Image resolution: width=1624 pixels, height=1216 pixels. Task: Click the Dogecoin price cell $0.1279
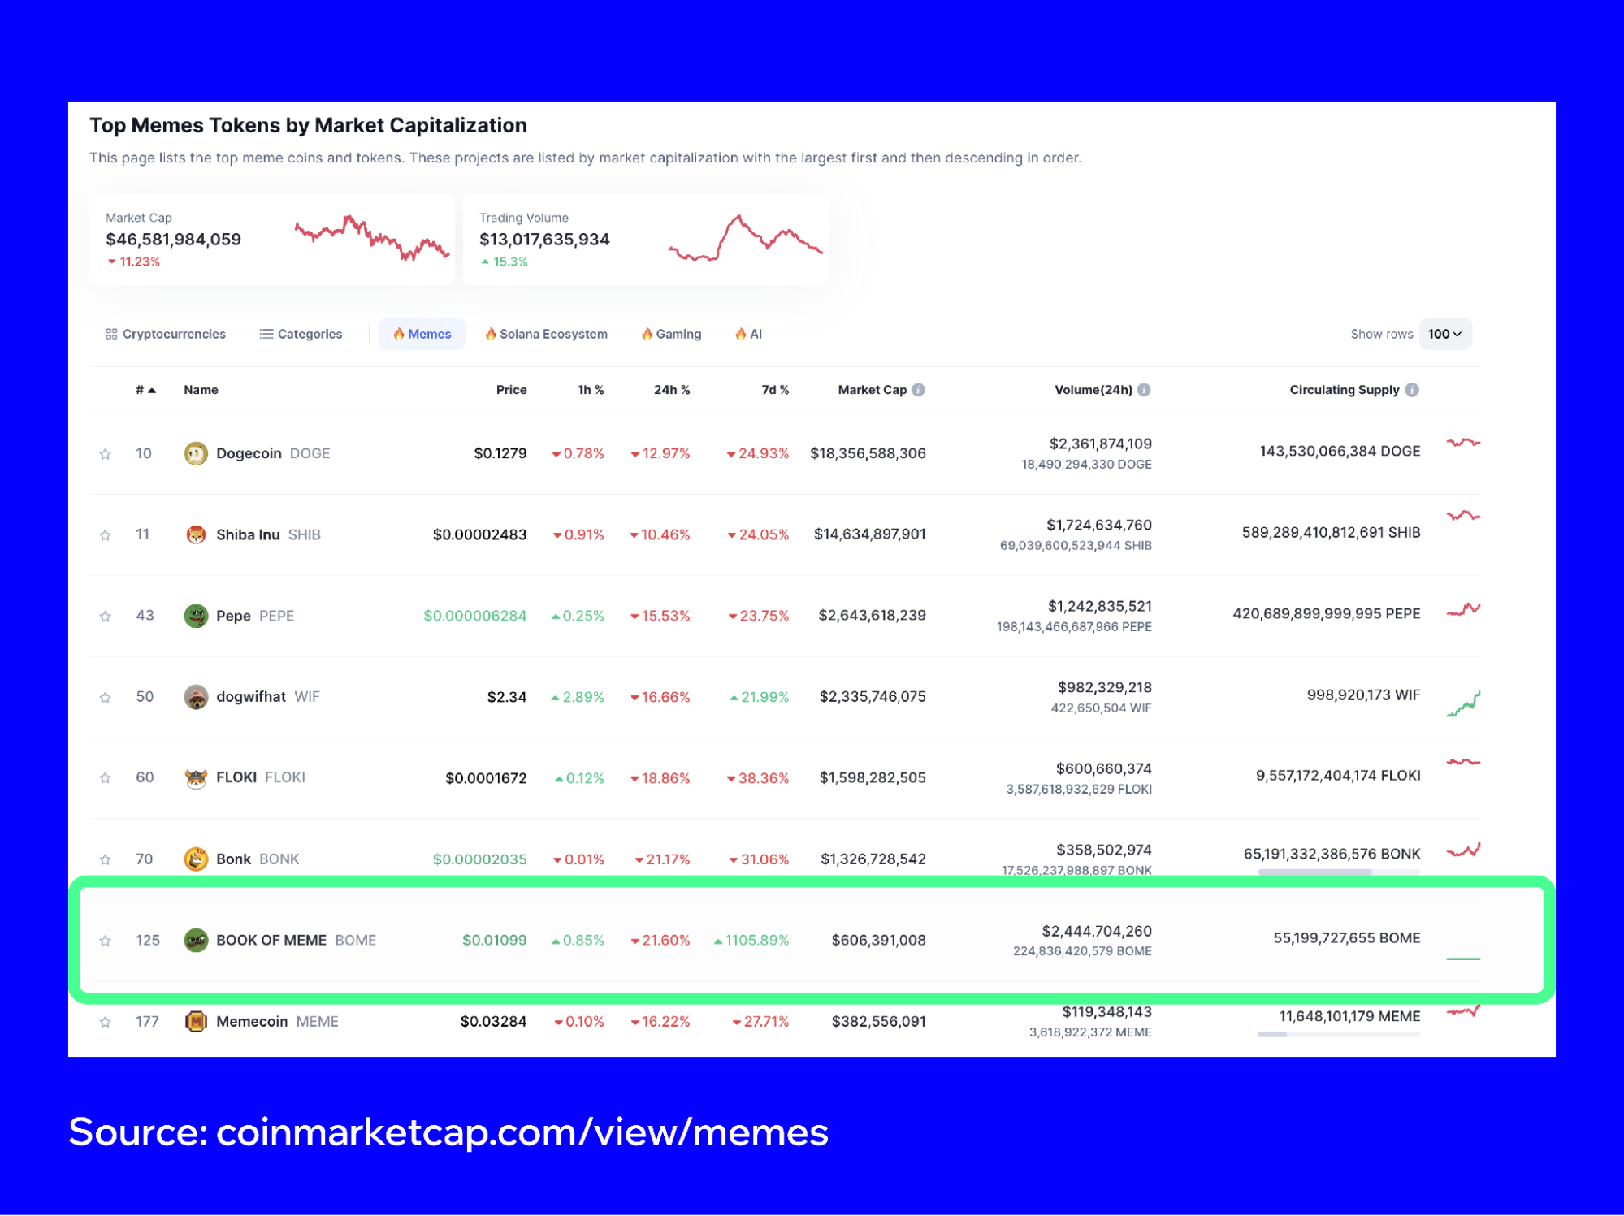500,453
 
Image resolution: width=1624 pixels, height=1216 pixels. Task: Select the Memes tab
422,334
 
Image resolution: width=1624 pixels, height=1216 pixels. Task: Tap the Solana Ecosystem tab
546,334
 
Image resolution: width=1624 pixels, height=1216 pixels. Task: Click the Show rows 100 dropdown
1444,334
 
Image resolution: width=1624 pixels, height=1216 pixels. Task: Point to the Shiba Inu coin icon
196,534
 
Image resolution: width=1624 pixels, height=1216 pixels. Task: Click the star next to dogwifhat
106,698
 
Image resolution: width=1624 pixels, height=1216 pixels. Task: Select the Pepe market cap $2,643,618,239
872,615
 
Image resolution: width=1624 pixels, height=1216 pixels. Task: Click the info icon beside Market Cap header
918,390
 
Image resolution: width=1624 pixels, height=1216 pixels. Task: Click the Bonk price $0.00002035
479,859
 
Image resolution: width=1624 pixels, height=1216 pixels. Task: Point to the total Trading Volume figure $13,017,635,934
544,240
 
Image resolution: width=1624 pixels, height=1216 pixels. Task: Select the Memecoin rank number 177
147,1021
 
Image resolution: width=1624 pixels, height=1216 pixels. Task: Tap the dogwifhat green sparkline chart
1463,703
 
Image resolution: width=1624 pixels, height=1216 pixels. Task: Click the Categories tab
301,334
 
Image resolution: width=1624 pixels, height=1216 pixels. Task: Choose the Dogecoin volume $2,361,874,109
1100,444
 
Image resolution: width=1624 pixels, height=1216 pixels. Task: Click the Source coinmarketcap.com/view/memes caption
448,1132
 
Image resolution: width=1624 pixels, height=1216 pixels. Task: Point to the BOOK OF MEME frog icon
196,940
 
